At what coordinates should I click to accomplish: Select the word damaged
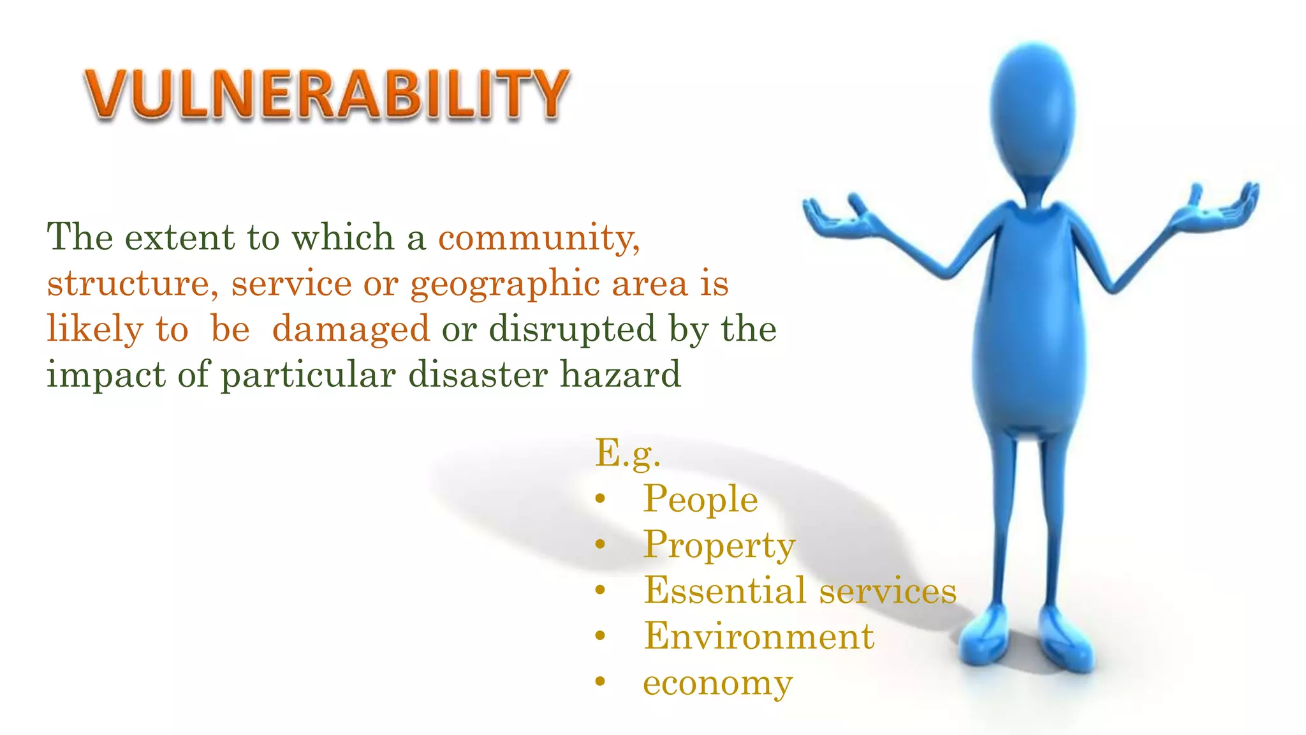[351, 330]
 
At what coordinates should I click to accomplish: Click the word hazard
[620, 375]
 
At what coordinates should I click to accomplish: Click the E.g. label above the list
[627, 454]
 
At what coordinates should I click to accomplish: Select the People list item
[700, 499]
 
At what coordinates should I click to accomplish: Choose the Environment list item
[759, 637]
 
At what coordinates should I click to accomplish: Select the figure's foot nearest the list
[985, 635]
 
